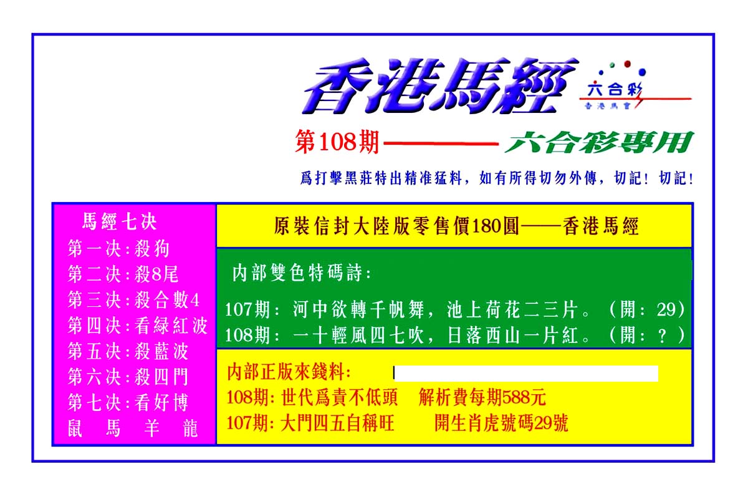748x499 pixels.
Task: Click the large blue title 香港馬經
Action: click(440, 85)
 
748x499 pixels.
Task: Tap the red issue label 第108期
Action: click(337, 142)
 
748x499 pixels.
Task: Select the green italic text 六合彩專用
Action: click(599, 142)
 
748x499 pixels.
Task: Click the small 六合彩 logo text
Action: click(615, 89)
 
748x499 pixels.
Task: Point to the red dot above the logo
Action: click(628, 64)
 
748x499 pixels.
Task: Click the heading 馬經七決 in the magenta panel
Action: click(119, 221)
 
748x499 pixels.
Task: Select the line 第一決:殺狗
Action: click(118, 249)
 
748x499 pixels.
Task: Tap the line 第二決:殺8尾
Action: click(123, 274)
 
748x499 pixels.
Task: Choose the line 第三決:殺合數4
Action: click(133, 300)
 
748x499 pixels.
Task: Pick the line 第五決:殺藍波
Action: click(128, 351)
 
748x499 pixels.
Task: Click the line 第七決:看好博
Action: click(128, 402)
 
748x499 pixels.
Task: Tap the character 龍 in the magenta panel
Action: click(190, 429)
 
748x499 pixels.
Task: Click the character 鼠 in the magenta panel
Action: click(75, 429)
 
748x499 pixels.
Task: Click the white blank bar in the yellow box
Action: click(526, 374)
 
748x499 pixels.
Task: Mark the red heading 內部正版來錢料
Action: click(289, 372)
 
